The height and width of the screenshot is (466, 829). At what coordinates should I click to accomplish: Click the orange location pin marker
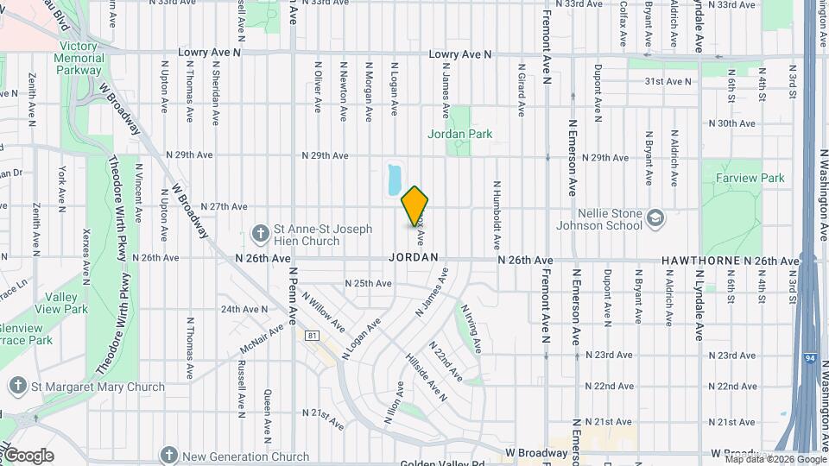(415, 206)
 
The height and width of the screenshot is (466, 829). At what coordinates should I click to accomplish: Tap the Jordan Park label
(459, 134)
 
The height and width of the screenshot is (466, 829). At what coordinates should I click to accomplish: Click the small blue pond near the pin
(394, 179)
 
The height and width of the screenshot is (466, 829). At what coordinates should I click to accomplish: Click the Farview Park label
(750, 178)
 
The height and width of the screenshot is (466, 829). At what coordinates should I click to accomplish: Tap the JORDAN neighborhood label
(414, 258)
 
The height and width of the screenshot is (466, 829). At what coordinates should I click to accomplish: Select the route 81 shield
(311, 335)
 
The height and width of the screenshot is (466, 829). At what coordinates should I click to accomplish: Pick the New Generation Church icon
(169, 456)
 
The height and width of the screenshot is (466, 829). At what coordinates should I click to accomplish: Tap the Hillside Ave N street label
(426, 376)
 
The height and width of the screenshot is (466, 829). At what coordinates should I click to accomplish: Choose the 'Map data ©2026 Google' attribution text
(763, 459)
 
